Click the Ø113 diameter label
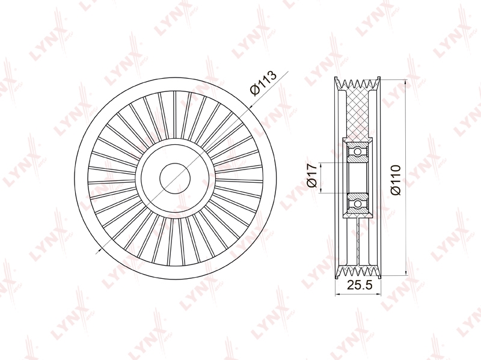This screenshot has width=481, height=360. (263, 82)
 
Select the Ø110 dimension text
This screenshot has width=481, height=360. (396, 180)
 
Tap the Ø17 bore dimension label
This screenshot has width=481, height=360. (311, 175)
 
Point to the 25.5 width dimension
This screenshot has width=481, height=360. (359, 285)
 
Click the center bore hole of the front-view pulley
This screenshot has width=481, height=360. (175, 178)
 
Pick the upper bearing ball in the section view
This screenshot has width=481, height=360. (357, 151)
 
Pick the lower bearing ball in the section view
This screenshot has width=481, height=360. (357, 204)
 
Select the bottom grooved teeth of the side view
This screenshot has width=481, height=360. (358, 272)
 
